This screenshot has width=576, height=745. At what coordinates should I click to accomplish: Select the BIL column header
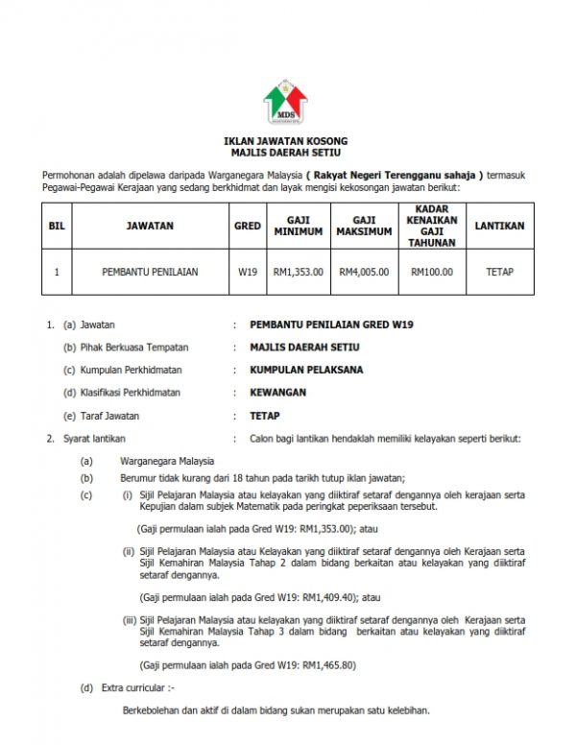[57, 227]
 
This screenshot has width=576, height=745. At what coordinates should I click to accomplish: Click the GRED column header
[248, 227]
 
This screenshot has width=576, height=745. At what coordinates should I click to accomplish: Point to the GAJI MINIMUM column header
[299, 227]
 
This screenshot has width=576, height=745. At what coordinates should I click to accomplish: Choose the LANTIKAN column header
[499, 227]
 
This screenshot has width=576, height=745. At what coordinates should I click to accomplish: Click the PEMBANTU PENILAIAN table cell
[150, 272]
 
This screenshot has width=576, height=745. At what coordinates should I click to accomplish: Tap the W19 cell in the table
[248, 272]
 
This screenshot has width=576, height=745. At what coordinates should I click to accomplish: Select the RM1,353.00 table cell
[299, 272]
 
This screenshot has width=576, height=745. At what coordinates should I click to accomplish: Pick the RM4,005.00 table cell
[364, 272]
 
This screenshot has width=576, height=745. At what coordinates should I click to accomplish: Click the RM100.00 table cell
[432, 272]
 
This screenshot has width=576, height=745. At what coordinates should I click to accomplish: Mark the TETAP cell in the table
[499, 272]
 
